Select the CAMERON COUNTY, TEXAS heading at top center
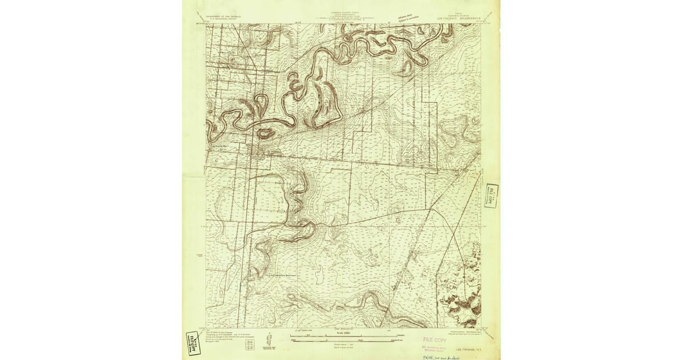coord(343,11)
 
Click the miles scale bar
coord(343,335)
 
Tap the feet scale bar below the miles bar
coord(343,341)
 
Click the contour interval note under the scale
coord(343,346)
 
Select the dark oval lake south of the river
coord(265,134)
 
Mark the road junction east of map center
coord(432,209)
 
